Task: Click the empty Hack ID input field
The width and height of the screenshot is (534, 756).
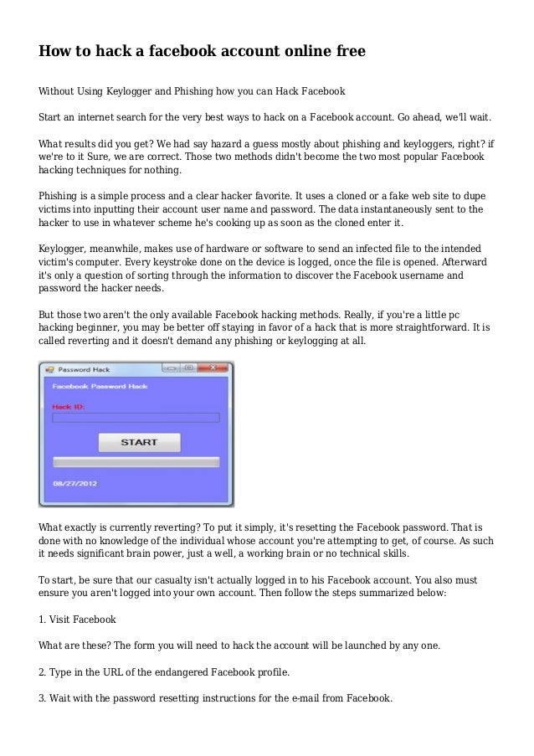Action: click(x=136, y=417)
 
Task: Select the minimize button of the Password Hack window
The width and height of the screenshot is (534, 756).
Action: click(x=170, y=368)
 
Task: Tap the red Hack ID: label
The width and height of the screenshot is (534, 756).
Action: click(x=69, y=406)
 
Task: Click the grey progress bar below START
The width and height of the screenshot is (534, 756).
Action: click(x=136, y=461)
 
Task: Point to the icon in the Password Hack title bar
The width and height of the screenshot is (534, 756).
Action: click(x=49, y=368)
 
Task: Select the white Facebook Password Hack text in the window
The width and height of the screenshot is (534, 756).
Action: click(x=100, y=387)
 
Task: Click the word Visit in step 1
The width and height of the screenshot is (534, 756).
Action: click(x=65, y=620)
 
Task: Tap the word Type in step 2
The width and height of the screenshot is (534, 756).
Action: click(x=64, y=672)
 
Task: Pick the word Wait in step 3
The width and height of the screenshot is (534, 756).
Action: click(x=64, y=698)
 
